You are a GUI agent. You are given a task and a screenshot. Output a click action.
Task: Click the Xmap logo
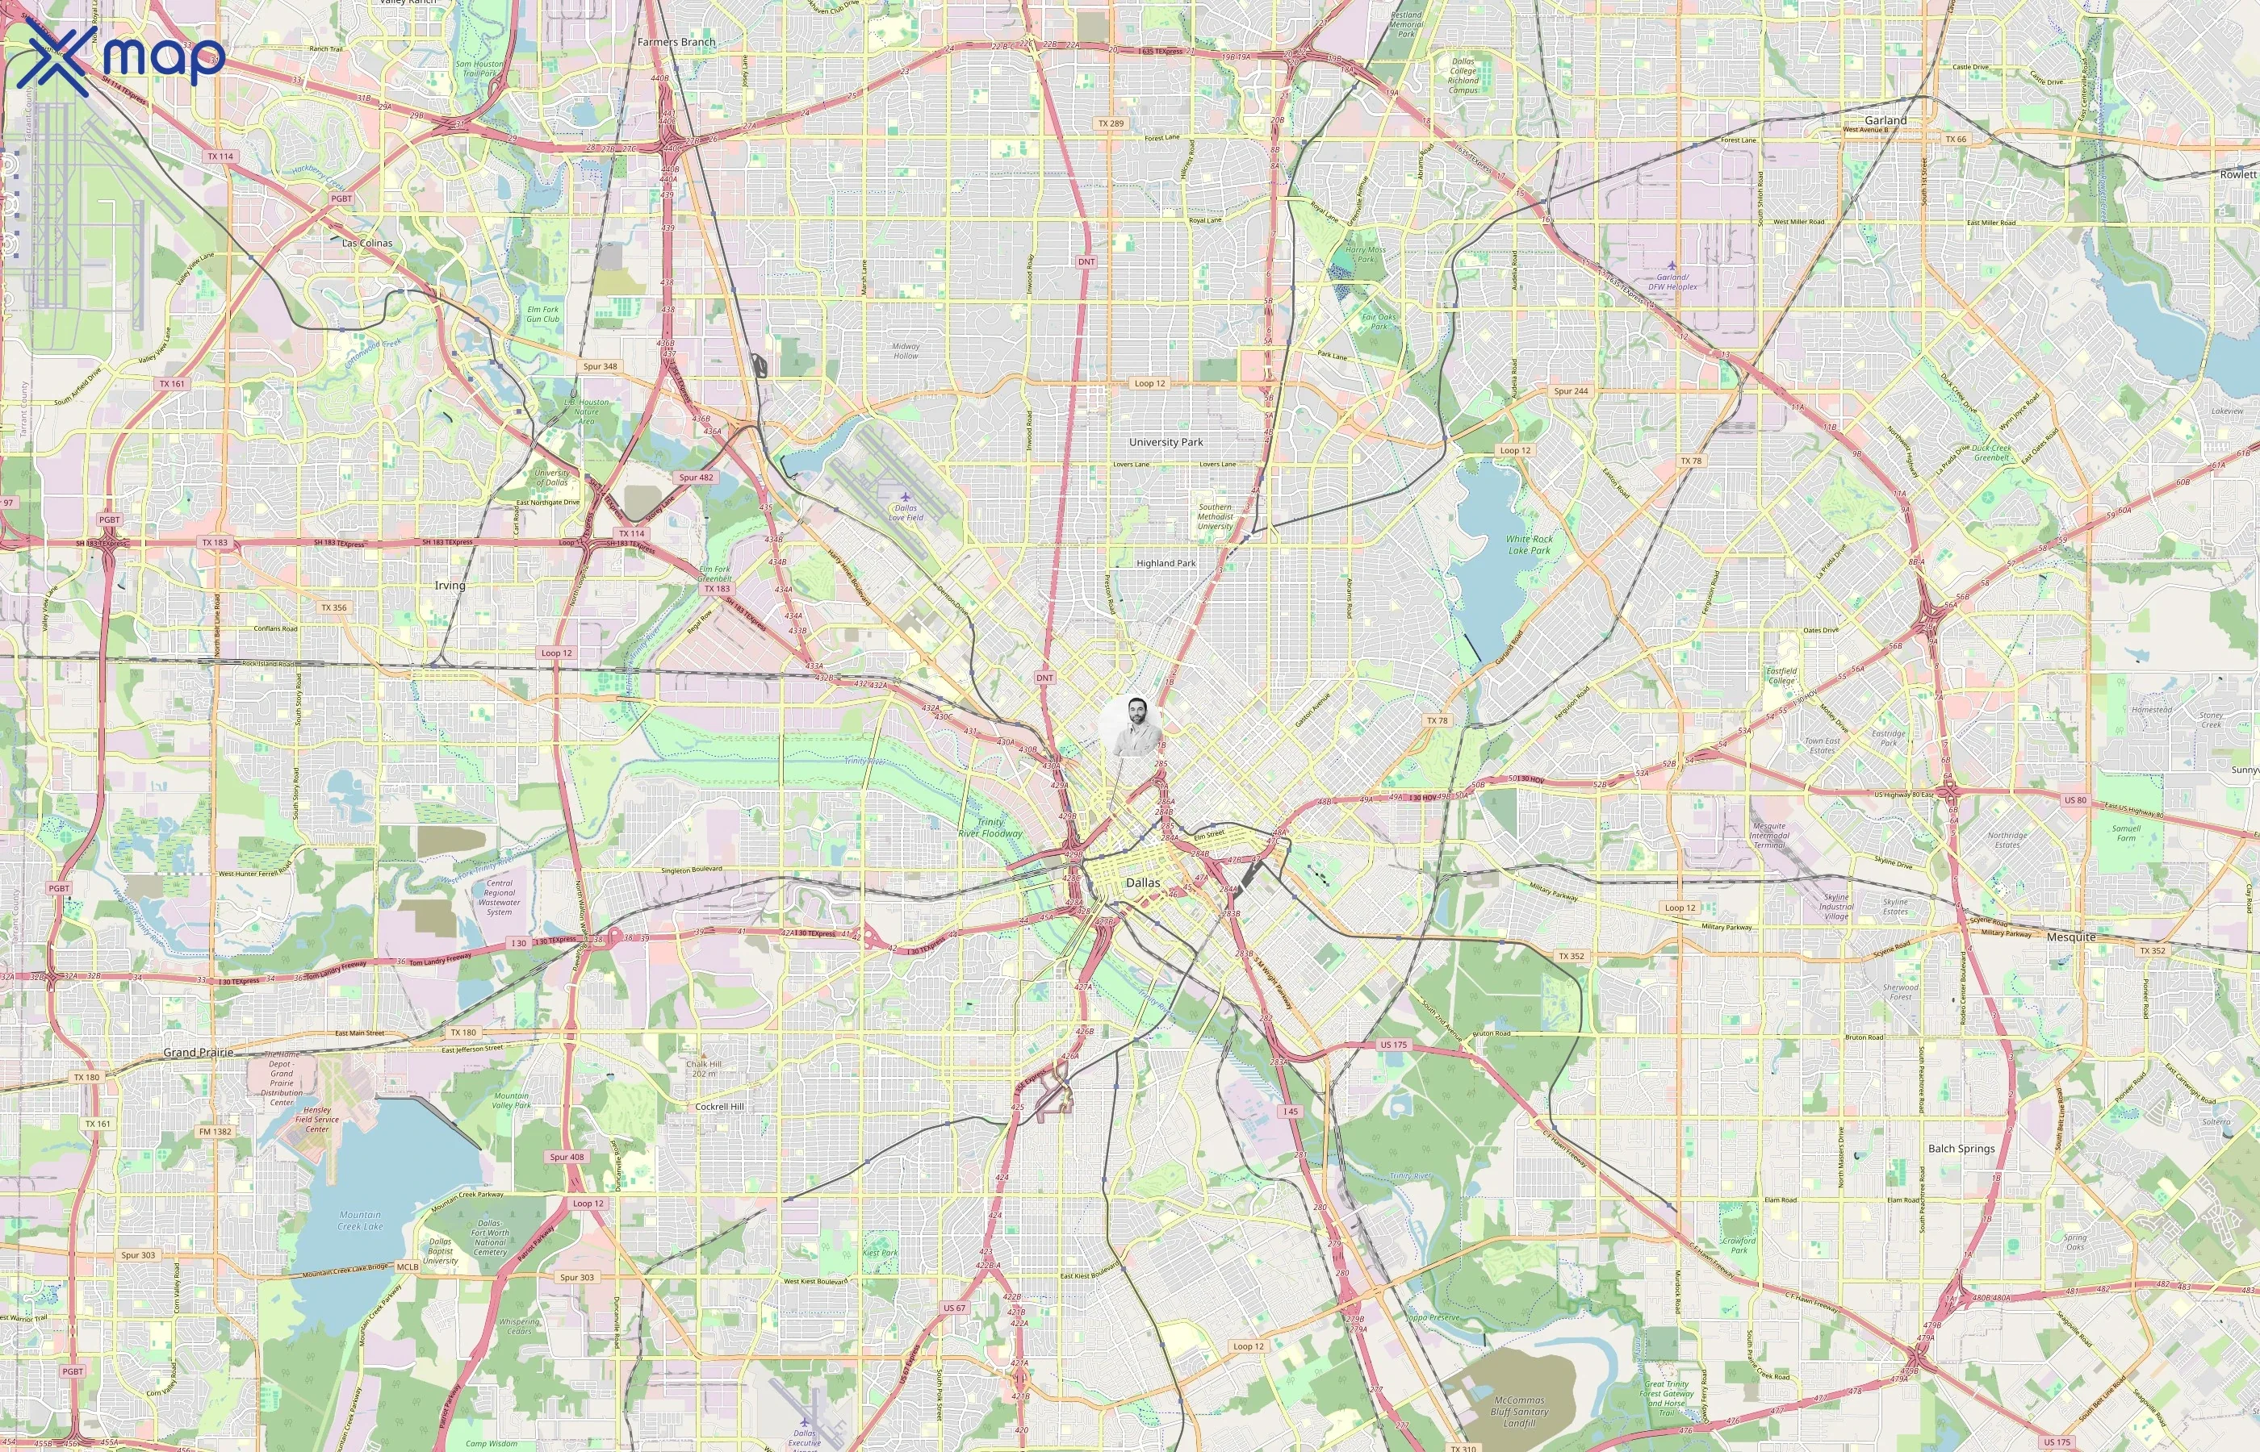click(121, 58)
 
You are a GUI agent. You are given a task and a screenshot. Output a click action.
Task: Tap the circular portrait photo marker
click(1131, 726)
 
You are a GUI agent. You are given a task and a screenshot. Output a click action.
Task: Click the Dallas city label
click(1143, 883)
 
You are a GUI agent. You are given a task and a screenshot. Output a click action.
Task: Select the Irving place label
click(450, 586)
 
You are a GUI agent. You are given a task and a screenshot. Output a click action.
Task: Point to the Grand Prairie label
click(198, 1052)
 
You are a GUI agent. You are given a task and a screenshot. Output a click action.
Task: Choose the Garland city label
click(1885, 121)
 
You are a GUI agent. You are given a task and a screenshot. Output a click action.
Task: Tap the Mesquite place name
click(2071, 937)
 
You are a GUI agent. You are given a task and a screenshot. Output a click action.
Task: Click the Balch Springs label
click(1961, 1149)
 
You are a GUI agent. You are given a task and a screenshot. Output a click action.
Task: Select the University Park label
click(1166, 442)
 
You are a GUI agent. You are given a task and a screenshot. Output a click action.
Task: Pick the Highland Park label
click(1166, 564)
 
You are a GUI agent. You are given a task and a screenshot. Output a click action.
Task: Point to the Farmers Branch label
click(676, 43)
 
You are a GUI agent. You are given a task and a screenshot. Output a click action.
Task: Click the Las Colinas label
click(367, 244)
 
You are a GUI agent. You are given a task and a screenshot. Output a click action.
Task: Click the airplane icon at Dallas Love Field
click(906, 496)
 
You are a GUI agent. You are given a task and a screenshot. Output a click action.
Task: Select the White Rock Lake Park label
click(1529, 545)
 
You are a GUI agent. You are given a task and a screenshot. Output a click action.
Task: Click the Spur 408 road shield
click(566, 1157)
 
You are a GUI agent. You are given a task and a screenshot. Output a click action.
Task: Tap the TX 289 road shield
click(1111, 123)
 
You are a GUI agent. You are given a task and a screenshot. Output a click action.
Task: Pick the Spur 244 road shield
click(1572, 391)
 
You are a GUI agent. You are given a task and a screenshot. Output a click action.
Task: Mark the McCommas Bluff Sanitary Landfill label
click(1518, 1412)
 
